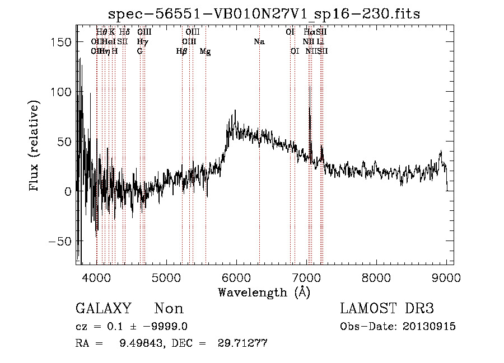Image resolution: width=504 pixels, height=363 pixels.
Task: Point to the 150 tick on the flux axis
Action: coord(63,43)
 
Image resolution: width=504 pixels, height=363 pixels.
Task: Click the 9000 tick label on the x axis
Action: coord(446,277)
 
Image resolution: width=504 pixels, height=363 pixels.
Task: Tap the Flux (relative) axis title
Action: coord(35,147)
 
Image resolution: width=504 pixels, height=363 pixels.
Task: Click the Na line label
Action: coord(259,41)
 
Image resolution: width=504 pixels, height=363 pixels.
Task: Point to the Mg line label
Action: coord(206,51)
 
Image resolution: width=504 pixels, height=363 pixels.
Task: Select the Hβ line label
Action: coord(181,51)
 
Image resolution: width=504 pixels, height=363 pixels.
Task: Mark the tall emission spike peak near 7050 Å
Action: coord(310,88)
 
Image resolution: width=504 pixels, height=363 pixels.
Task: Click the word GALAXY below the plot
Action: coord(103,309)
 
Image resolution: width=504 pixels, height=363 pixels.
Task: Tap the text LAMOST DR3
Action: coord(386,309)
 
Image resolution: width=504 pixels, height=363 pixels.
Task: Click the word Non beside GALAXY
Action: coord(169,309)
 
